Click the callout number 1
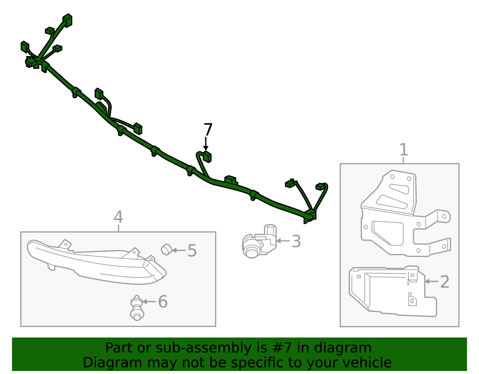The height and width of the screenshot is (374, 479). tap(404, 149)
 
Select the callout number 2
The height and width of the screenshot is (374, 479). tap(445, 282)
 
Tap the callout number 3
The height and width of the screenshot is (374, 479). tap(296, 241)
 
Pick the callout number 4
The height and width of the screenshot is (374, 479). tap(118, 217)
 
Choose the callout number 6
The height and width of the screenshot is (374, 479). tap(163, 301)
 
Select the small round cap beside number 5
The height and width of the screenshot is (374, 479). tap(166, 249)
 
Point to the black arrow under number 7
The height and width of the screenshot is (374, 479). tap(206, 144)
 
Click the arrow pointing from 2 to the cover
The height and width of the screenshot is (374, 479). tap(431, 281)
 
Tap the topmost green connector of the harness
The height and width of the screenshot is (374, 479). tap(67, 20)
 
